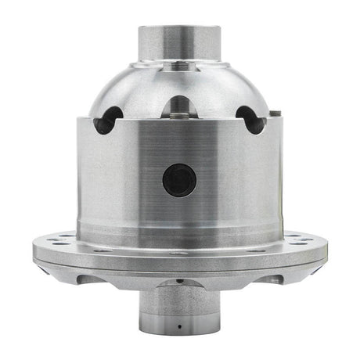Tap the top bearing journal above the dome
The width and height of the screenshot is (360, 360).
click(180, 43)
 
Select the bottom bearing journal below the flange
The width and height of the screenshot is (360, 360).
click(179, 313)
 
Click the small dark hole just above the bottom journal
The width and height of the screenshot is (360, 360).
click(180, 279)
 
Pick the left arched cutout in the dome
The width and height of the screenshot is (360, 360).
click(107, 119)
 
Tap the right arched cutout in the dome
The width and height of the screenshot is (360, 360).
click(250, 119)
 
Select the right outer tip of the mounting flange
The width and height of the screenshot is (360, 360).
click(325, 250)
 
